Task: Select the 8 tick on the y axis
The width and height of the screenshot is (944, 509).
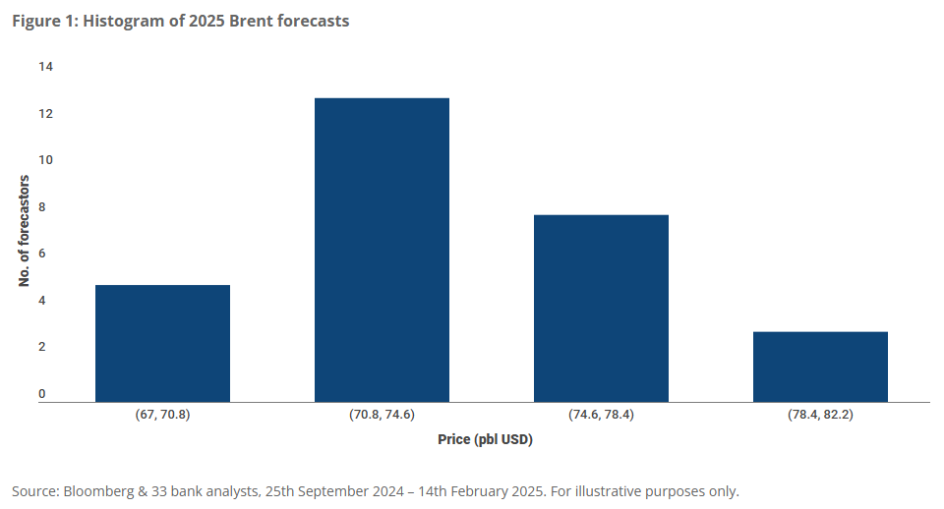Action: click(x=42, y=207)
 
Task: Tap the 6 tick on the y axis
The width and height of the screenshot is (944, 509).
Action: click(x=42, y=254)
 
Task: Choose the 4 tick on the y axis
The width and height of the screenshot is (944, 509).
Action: click(x=42, y=301)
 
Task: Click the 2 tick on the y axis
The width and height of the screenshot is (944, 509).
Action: click(x=42, y=347)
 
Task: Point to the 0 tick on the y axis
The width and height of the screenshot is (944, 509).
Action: click(x=42, y=394)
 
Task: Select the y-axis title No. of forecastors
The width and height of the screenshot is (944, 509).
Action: click(x=25, y=231)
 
